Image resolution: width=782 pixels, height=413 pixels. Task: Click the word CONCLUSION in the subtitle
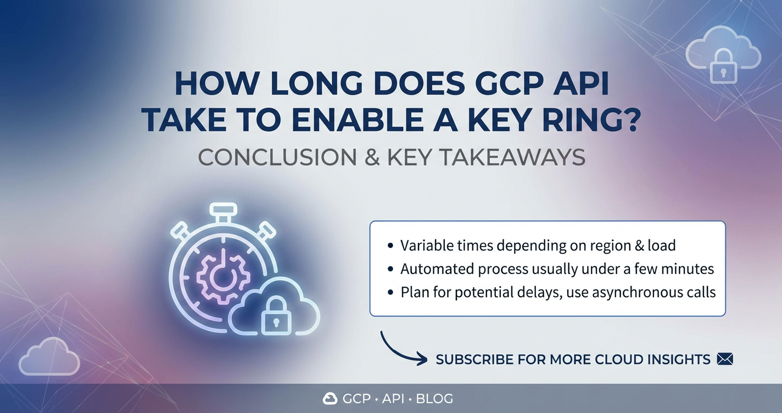pos(277,158)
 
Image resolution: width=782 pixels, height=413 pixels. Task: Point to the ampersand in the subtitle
pos(372,158)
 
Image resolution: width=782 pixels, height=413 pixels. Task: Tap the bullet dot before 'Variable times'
pos(390,246)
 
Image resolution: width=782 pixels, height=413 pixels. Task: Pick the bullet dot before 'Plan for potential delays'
pos(390,293)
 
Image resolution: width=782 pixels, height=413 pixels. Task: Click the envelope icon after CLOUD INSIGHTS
pos(725,359)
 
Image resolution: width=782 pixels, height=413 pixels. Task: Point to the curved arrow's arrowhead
pos(422,359)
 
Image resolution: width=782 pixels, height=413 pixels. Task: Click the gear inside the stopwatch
pos(223,277)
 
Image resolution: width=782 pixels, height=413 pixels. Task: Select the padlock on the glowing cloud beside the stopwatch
pos(276,315)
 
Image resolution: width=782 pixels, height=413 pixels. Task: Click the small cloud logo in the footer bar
pos(330,398)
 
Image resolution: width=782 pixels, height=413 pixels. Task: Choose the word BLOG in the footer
pos(434,398)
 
